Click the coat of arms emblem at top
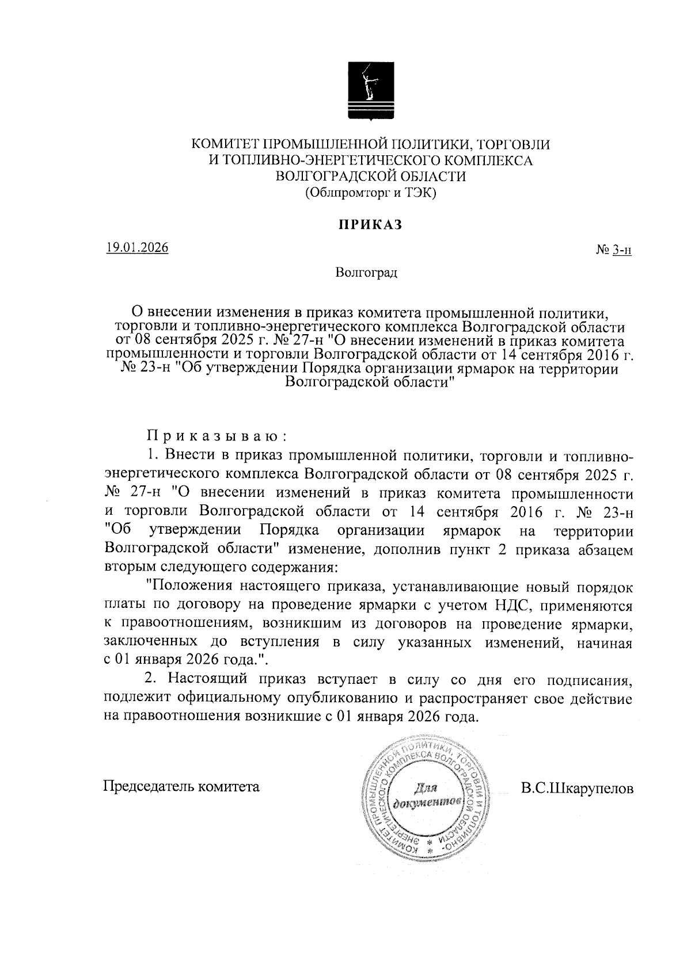pos(367,92)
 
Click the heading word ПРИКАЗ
pos(369,224)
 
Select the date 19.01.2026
pos(137,248)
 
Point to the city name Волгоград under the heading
pos(367,272)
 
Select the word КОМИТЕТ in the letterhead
pos(225,144)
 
